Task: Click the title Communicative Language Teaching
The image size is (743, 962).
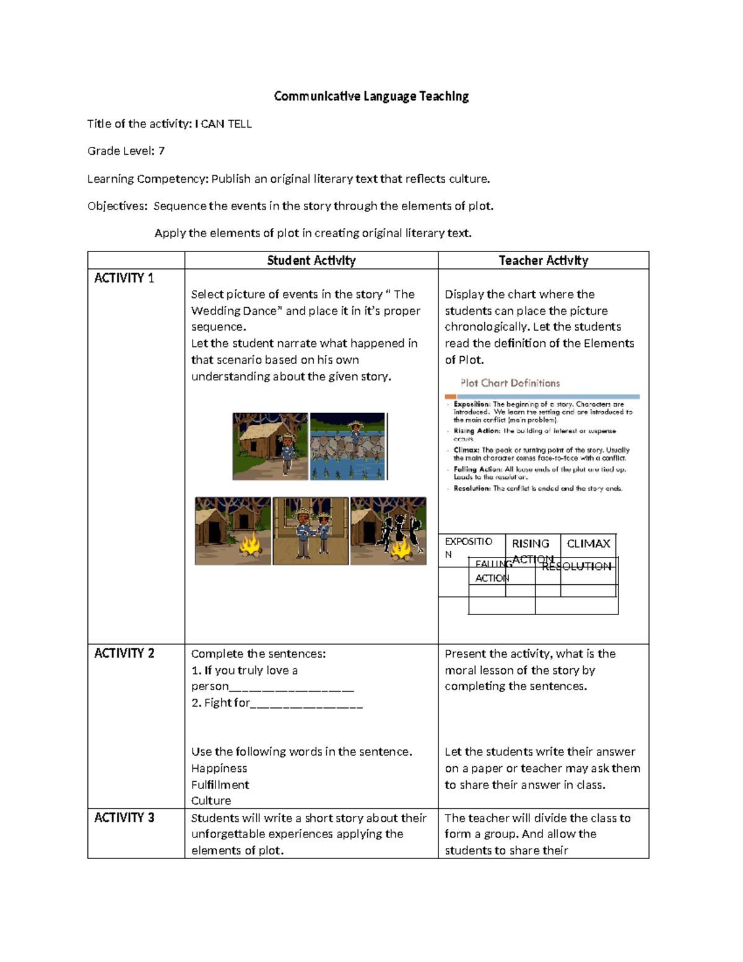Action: [x=371, y=96]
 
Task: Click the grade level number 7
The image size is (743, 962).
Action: [x=161, y=151]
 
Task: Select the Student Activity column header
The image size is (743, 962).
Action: [x=311, y=261]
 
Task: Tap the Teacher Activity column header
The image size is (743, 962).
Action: [x=543, y=261]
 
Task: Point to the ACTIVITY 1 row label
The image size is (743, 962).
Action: [x=124, y=278]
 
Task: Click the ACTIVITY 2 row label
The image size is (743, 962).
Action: [x=124, y=654]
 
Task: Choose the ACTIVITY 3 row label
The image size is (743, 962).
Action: [x=124, y=818]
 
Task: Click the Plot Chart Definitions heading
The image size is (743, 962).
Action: [x=510, y=383]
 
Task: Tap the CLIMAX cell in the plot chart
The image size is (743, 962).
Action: [x=588, y=544]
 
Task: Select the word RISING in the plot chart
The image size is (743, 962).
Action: [x=531, y=544]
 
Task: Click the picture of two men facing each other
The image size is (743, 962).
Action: [x=310, y=531]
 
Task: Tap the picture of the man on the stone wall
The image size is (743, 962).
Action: [x=348, y=446]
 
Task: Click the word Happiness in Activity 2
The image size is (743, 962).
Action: [x=219, y=768]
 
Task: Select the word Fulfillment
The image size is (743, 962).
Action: [x=220, y=785]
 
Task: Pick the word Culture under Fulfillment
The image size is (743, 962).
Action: [x=211, y=801]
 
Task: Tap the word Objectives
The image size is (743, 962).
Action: [x=117, y=206]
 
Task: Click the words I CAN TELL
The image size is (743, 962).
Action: [x=224, y=124]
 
